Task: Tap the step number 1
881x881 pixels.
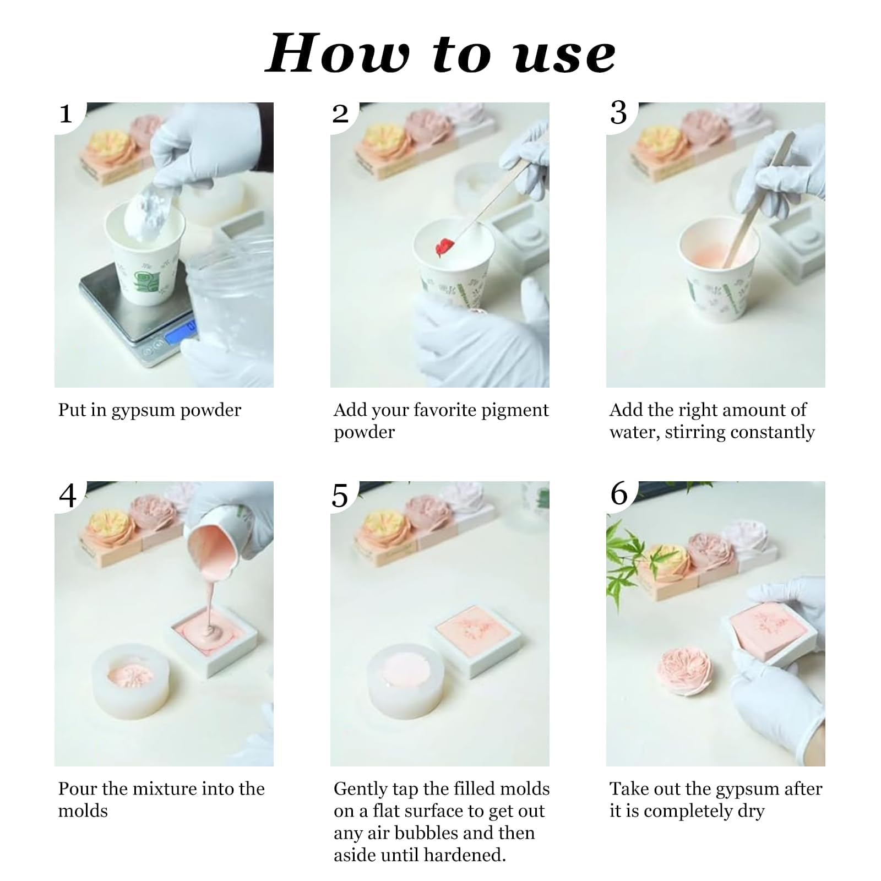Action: click(66, 114)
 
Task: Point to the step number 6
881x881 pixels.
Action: click(619, 494)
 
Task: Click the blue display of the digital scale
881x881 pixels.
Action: click(180, 328)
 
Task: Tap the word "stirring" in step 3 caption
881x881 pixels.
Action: click(694, 433)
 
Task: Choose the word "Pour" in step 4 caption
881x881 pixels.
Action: click(78, 789)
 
